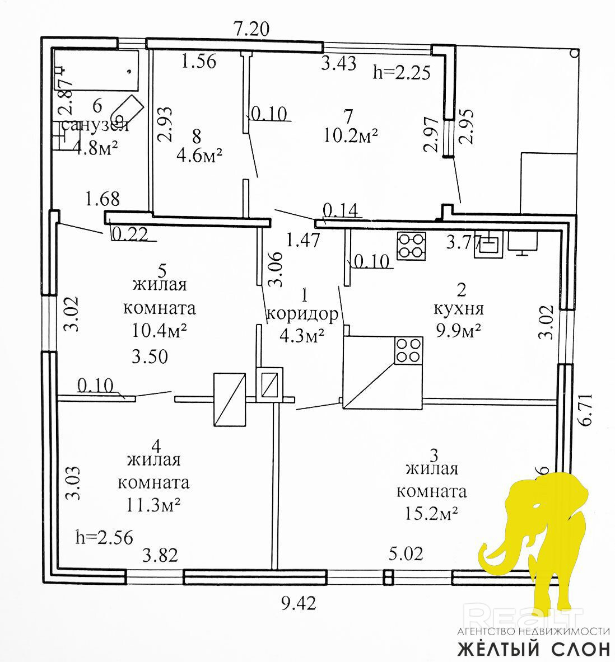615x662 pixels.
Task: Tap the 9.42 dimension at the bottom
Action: tap(298, 603)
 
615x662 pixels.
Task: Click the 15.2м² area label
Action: tap(432, 513)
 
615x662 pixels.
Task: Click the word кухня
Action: tap(459, 308)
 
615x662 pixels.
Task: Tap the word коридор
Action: tap(302, 314)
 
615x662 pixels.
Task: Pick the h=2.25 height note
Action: tap(402, 72)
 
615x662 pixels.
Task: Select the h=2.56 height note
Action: tap(104, 538)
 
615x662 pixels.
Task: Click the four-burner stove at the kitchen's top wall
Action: tap(411, 246)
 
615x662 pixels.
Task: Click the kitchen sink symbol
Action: tap(488, 246)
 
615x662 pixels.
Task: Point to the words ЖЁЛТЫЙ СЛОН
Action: tap(534, 649)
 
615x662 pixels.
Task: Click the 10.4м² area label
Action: tap(159, 331)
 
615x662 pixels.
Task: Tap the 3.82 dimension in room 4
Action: tap(160, 555)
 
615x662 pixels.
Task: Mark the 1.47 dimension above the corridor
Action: tap(303, 240)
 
